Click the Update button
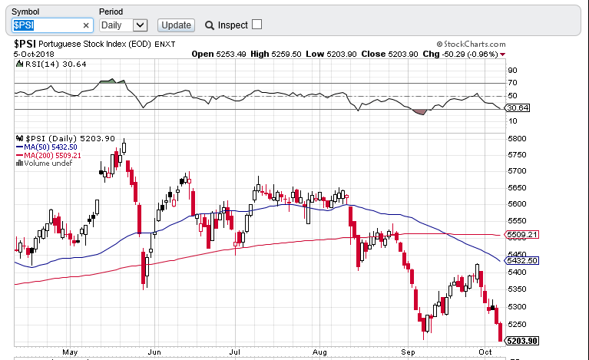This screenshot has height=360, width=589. (176, 25)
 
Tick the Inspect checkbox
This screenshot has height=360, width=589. (256, 25)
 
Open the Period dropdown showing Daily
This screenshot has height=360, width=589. (123, 25)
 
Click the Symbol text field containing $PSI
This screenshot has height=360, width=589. (46, 25)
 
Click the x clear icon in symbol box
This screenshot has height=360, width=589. (86, 25)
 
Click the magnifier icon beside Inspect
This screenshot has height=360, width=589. (209, 25)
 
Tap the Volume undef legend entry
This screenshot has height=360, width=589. (48, 163)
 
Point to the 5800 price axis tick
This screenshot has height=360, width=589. (516, 138)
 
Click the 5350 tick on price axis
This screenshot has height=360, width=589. (516, 289)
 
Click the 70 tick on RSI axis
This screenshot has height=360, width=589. (511, 82)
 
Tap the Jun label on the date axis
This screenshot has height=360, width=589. (154, 352)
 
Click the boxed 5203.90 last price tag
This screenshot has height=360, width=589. (521, 341)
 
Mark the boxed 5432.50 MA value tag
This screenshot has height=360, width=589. (521, 261)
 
